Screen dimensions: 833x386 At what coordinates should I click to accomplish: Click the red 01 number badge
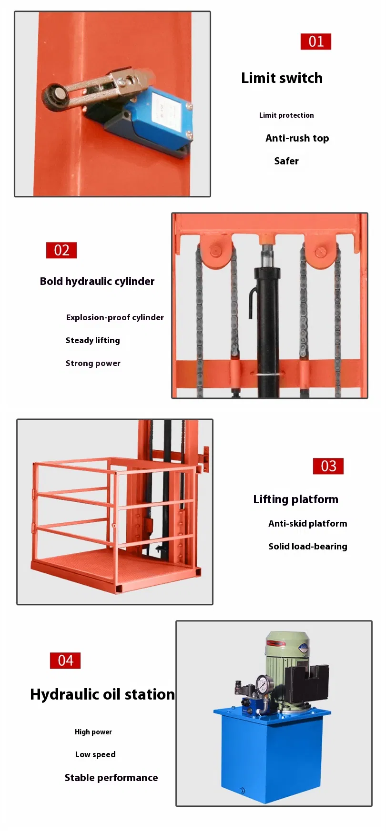click(x=315, y=41)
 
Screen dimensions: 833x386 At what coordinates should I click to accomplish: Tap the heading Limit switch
click(x=282, y=78)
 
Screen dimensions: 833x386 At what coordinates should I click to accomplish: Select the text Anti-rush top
click(x=297, y=138)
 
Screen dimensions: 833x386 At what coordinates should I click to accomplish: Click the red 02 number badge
click(x=61, y=250)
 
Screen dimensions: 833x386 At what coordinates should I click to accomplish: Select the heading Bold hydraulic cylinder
click(x=97, y=281)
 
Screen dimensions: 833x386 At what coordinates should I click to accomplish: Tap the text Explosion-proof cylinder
click(x=115, y=317)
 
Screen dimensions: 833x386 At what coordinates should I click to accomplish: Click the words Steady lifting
click(x=92, y=340)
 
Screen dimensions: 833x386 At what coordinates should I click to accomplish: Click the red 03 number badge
click(x=328, y=466)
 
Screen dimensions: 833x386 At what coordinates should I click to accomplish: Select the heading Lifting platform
click(x=295, y=499)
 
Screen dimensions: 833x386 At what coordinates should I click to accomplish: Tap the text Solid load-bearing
click(x=307, y=547)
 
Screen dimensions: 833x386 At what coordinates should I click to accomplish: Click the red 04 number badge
click(x=65, y=660)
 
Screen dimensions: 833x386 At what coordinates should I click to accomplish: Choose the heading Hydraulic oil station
click(x=102, y=694)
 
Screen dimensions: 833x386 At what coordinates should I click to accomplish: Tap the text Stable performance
click(x=111, y=778)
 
